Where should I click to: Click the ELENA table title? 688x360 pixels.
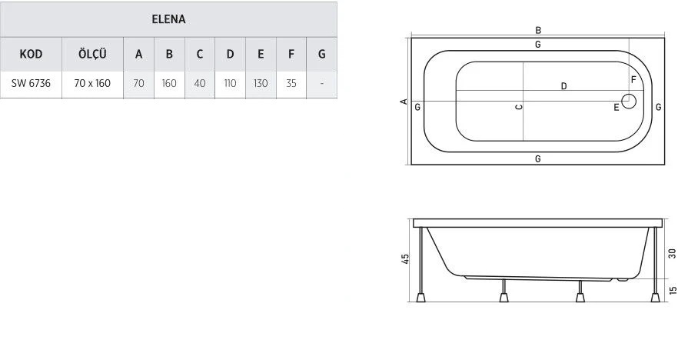(x=168, y=19)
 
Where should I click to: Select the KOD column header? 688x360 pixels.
(x=31, y=54)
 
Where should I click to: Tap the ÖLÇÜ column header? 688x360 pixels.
(x=92, y=54)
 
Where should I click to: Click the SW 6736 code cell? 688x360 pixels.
(x=31, y=83)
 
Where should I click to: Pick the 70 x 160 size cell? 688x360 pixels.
(x=92, y=83)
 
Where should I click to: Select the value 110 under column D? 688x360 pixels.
(x=230, y=83)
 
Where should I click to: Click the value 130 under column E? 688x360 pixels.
(x=261, y=83)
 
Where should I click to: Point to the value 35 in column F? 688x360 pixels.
(x=291, y=83)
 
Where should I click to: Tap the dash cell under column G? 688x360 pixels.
(x=321, y=83)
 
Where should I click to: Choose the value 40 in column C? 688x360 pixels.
(x=200, y=83)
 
